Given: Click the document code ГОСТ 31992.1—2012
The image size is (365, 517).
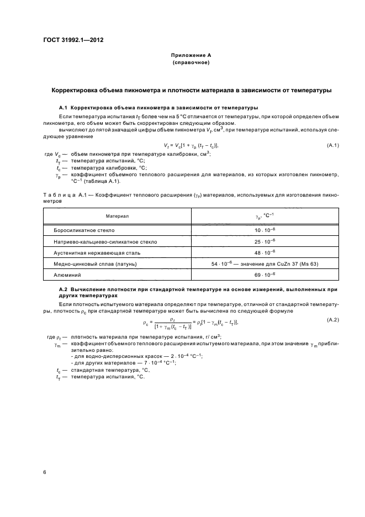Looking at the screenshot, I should point(73,40).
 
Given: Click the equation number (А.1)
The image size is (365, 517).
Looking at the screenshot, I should point(333,145).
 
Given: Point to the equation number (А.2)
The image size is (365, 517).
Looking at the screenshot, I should point(333,320).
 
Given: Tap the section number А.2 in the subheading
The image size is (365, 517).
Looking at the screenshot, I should point(62,289).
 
